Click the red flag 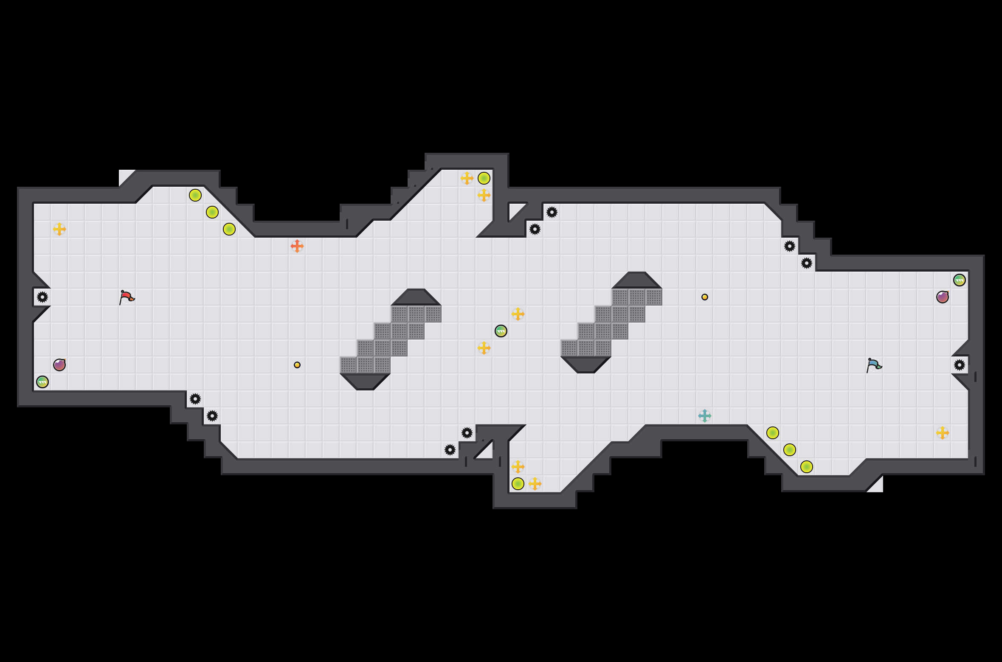click(x=127, y=297)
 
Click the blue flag click(x=874, y=365)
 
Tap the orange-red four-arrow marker click(x=297, y=246)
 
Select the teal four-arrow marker click(x=705, y=416)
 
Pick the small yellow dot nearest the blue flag click(x=705, y=297)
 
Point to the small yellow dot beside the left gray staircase click(x=297, y=365)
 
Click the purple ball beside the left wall click(x=59, y=365)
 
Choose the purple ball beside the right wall click(x=943, y=297)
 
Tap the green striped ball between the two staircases click(x=501, y=331)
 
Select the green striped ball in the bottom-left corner click(x=42, y=382)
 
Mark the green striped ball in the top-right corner click(x=960, y=280)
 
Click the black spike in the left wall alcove click(x=42, y=297)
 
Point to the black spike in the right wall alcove click(x=960, y=365)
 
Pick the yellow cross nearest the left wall click(x=59, y=229)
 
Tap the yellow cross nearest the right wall click(x=943, y=433)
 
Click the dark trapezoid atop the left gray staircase click(x=416, y=297)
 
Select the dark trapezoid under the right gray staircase click(x=586, y=365)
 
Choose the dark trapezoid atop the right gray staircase click(x=637, y=281)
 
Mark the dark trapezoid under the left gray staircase click(x=365, y=381)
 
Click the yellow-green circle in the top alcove click(x=484, y=178)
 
